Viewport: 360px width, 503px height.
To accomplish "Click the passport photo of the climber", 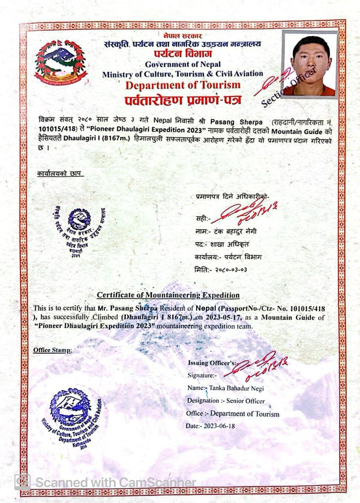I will click(310, 64).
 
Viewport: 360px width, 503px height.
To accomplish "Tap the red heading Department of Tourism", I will click(183, 85).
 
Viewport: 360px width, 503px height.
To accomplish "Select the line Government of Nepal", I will click(183, 64).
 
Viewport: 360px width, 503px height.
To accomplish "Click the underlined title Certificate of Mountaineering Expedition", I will click(168, 295).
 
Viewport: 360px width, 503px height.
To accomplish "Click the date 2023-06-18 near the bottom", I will click(219, 426).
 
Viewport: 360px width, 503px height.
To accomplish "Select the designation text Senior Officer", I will click(245, 401).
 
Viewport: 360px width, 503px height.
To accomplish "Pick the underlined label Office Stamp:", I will click(53, 350).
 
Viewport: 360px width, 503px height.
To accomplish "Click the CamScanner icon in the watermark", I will click(22, 482).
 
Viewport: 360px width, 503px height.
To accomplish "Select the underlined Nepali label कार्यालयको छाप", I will click(60, 173).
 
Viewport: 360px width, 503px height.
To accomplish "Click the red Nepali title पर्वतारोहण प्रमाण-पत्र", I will click(183, 100).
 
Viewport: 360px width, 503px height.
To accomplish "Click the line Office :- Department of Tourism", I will click(232, 414).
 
